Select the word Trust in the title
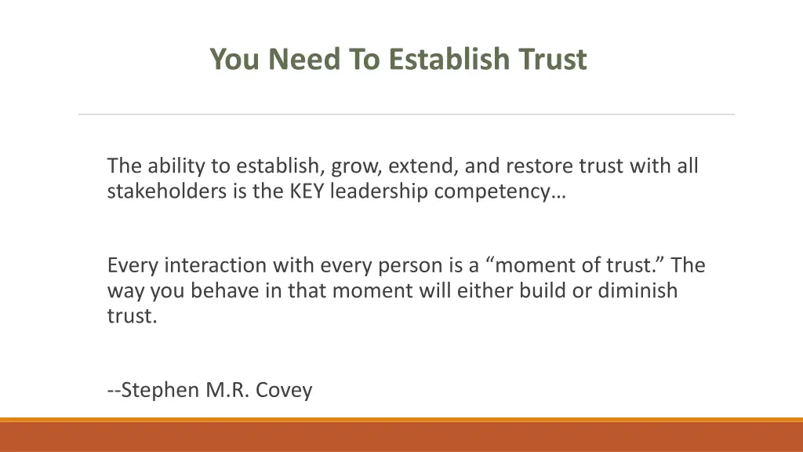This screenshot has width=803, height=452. pos(552,60)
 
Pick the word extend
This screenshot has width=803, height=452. pos(424,166)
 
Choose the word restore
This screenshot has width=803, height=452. pos(540,166)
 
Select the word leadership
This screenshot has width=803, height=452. pos(378,191)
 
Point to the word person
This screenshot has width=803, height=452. pos(422,266)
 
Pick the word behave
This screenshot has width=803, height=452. pos(223,290)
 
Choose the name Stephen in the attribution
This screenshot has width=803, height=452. pos(159,389)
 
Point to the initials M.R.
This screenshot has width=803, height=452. pos(228,389)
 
